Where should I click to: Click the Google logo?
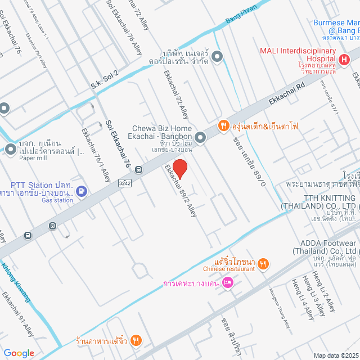click(18, 353)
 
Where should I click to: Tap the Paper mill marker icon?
click(11, 150)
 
